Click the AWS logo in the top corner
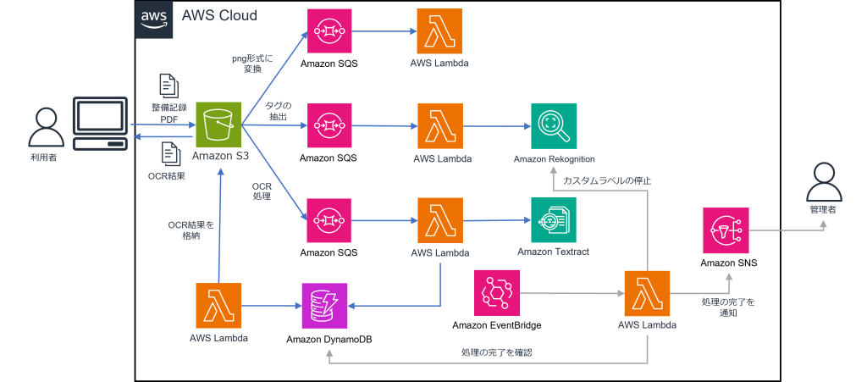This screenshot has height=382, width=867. coord(154,19)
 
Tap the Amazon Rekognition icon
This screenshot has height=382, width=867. coord(554,126)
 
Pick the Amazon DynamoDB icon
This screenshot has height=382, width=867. coord(325,306)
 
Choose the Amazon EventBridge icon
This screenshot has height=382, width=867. coord(496,294)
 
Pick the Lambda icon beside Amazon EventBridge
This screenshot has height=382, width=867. coord(647,294)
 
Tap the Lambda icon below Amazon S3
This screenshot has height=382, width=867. coord(218,306)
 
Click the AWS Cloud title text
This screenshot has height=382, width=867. coord(219,16)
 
